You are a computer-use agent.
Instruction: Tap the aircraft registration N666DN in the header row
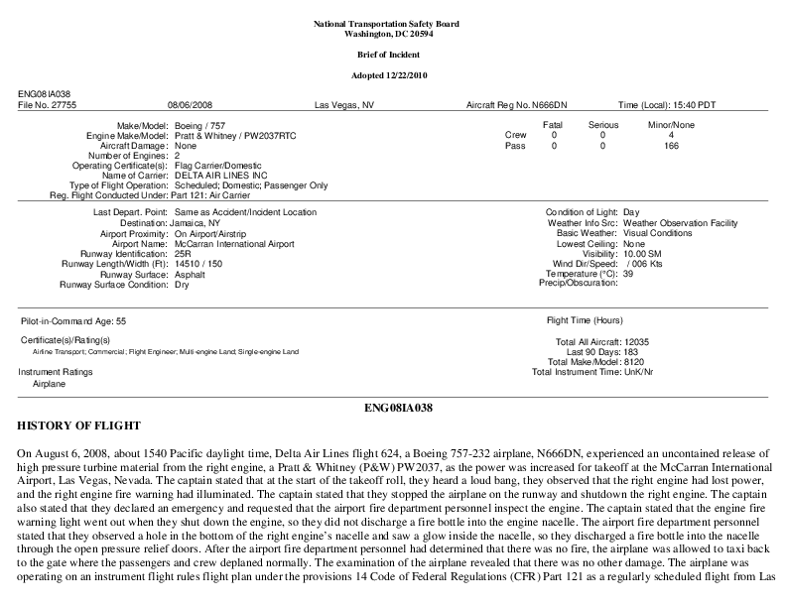pos(550,104)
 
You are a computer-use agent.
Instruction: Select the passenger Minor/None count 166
pos(672,146)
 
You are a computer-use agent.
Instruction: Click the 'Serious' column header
pos(602,125)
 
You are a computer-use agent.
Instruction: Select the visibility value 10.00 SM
pos(644,254)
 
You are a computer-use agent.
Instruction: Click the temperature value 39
pos(627,274)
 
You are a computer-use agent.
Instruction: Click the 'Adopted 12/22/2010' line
pos(393,75)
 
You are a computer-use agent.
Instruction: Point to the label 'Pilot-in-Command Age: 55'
pos(72,322)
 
